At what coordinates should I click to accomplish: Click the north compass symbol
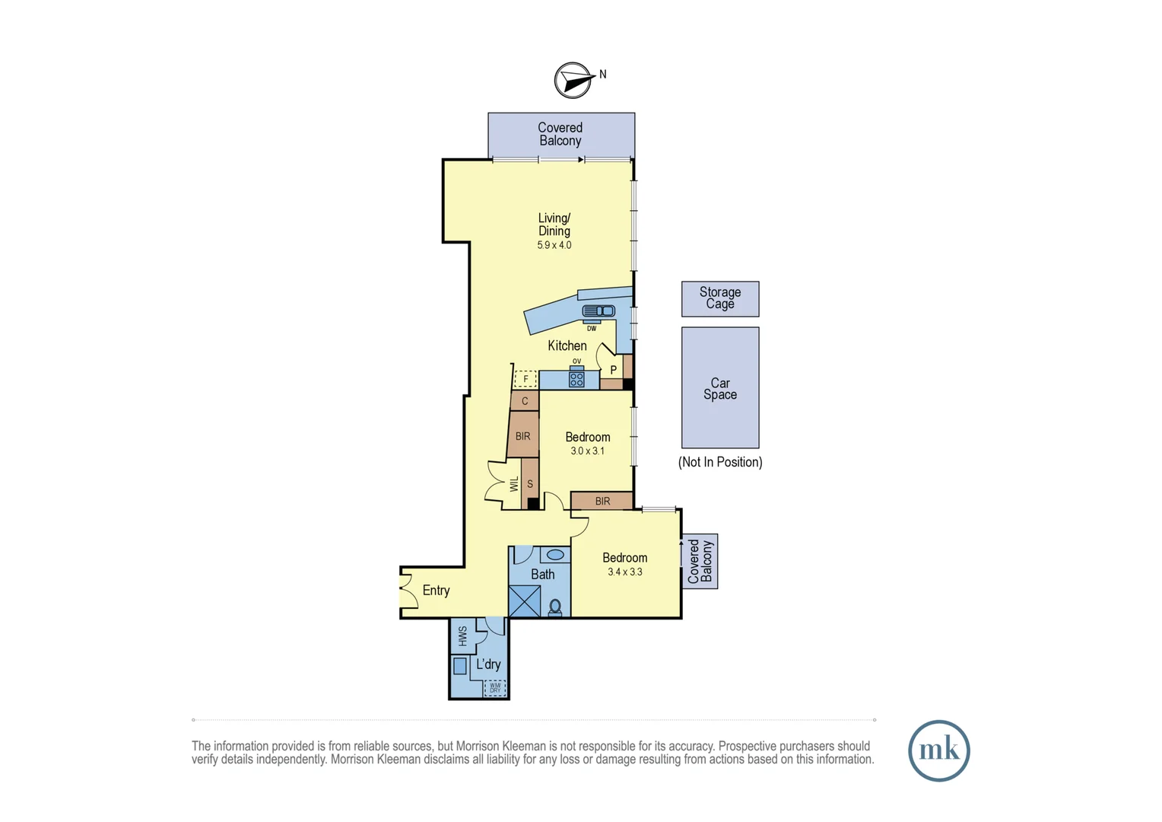tap(573, 80)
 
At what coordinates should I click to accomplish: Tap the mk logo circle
tap(938, 750)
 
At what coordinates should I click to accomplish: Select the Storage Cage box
tap(719, 298)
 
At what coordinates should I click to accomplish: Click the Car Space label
tap(719, 388)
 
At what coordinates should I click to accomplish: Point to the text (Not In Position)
tap(719, 462)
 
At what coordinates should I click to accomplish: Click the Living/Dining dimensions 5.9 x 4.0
tap(554, 245)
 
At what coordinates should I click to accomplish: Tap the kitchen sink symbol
tap(598, 311)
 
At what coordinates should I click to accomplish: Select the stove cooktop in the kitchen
tap(576, 379)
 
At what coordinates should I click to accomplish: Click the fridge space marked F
tap(525, 378)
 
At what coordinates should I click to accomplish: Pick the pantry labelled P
tap(613, 370)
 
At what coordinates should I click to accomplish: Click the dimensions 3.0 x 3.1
tap(587, 451)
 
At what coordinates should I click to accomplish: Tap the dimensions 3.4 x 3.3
tap(624, 572)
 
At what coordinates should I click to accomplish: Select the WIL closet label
tap(514, 484)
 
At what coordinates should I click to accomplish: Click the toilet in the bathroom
tap(555, 607)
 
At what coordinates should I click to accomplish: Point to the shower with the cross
tap(525, 601)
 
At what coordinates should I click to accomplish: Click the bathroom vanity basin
tap(555, 555)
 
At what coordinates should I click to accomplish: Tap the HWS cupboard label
tap(462, 636)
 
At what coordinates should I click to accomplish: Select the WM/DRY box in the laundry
tap(495, 687)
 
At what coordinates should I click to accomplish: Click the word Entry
tap(436, 591)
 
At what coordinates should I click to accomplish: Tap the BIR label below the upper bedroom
tap(602, 501)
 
